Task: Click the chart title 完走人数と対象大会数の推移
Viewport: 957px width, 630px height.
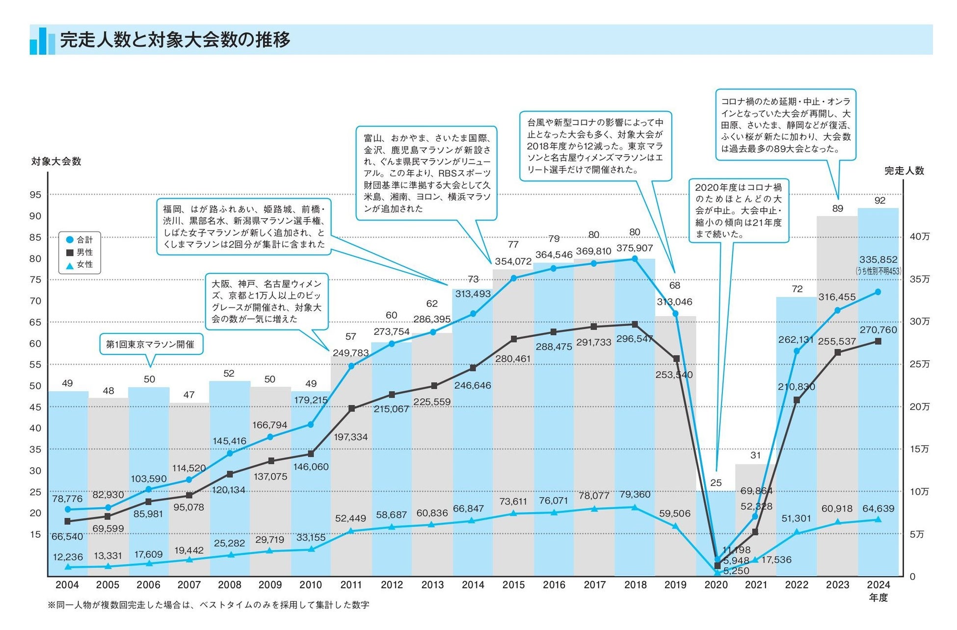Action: click(175, 40)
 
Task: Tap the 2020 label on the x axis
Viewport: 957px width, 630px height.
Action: click(716, 585)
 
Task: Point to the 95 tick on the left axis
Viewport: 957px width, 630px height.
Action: click(35, 195)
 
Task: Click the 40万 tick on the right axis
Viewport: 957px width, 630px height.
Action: click(919, 237)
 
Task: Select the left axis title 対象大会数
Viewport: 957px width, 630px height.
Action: click(56, 162)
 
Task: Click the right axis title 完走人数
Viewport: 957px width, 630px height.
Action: click(904, 171)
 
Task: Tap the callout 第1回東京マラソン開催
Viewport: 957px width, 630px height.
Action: click(150, 344)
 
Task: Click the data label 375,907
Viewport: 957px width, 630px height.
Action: click(635, 249)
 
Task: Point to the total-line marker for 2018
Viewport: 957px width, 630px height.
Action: click(635, 259)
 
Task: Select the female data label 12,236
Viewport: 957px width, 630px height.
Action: click(68, 557)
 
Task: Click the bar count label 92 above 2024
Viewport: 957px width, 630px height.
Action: click(879, 201)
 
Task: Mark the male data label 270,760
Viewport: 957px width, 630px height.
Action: click(878, 330)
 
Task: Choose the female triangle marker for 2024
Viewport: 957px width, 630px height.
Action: click(878, 520)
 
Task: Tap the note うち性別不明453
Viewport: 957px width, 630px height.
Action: click(878, 271)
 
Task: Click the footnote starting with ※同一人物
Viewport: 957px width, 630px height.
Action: click(208, 605)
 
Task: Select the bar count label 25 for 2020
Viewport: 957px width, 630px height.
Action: click(716, 483)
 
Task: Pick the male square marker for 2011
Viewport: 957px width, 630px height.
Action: click(351, 408)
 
